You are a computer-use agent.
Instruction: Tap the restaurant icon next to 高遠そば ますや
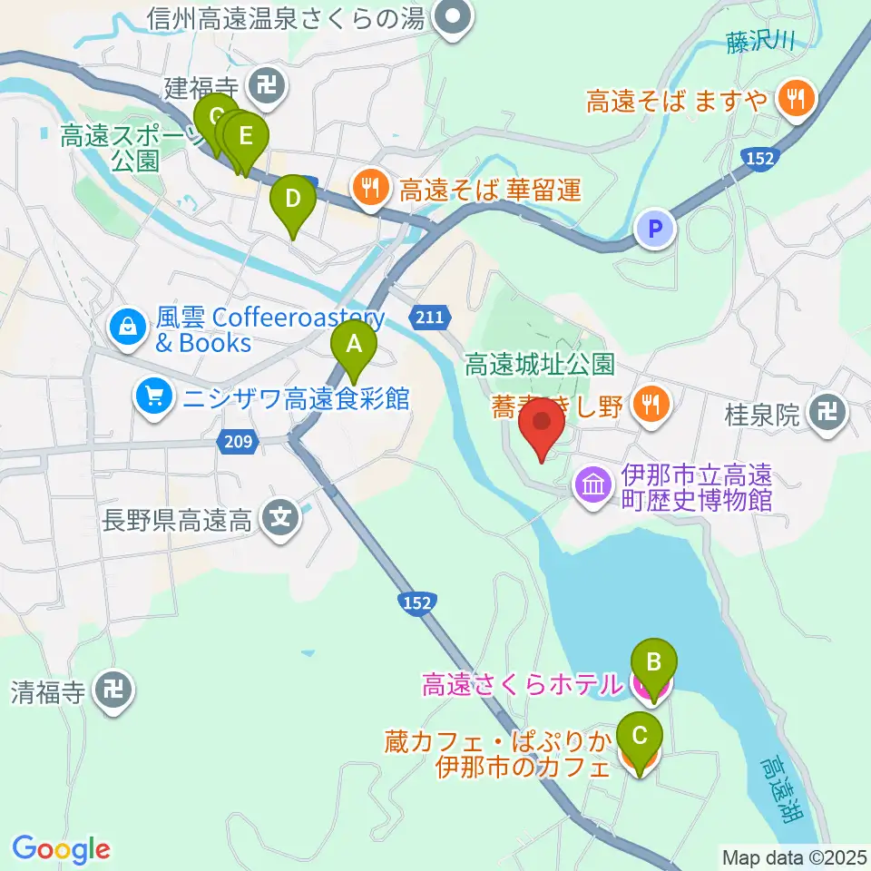797,99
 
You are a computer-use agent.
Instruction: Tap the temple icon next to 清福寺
114,692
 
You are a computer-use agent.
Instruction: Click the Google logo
61,848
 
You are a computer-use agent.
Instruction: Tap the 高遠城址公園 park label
539,365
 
